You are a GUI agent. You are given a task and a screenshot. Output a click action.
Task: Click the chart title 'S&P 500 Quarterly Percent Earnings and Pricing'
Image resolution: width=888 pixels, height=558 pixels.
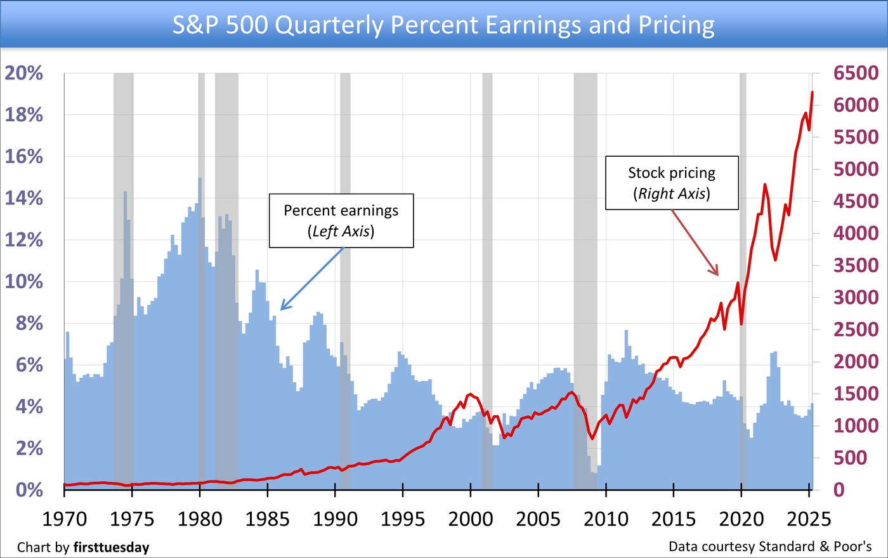(x=443, y=25)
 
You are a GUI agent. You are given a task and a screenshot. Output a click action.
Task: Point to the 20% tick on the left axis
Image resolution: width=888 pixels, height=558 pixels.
(x=24, y=73)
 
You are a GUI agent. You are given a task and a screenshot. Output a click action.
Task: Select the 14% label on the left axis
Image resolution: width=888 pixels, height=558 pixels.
(x=24, y=198)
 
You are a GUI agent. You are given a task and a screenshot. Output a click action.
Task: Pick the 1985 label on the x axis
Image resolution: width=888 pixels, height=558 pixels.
(x=267, y=519)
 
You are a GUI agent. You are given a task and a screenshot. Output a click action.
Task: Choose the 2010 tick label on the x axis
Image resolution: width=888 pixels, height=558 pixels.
(x=606, y=519)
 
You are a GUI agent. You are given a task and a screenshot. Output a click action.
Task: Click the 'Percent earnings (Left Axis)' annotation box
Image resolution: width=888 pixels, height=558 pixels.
(x=341, y=220)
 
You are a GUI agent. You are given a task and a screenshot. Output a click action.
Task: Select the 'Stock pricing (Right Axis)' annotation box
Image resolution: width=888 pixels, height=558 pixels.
(x=672, y=183)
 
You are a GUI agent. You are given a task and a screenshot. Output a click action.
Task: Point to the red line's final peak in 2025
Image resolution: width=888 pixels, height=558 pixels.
(x=813, y=93)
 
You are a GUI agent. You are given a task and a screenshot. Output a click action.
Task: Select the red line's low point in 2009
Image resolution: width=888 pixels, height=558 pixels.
(x=592, y=438)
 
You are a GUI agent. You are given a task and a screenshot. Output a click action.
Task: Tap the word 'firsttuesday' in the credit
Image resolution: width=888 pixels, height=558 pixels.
(x=111, y=547)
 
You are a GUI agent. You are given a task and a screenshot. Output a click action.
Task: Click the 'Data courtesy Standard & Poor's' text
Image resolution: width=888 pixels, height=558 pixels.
(x=770, y=546)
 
